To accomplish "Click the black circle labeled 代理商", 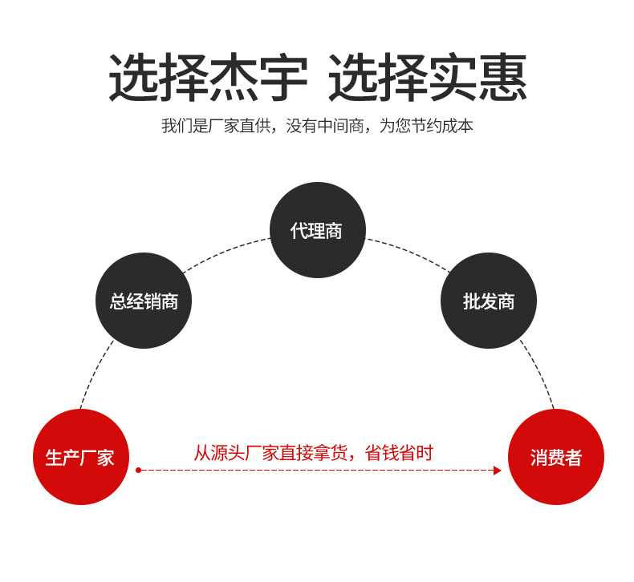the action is point(317,230).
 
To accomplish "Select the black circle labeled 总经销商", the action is point(144,301).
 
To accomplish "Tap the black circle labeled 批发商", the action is point(488,301).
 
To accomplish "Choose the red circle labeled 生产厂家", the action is point(80,457).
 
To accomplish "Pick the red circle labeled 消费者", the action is point(555,457).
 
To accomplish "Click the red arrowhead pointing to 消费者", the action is point(497,471).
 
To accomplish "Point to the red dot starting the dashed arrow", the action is point(138,471).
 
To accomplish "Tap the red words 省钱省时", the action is point(399,453).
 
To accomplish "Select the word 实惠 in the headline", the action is point(478,79).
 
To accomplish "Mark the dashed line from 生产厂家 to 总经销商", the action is point(95,373).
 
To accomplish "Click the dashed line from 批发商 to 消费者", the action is point(539,373).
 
